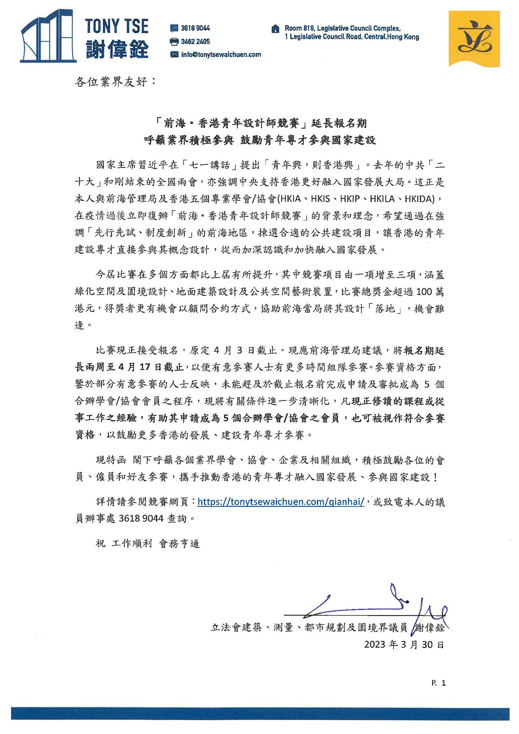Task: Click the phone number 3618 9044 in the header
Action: [195, 28]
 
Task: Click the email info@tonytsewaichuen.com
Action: [221, 55]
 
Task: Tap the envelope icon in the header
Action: [174, 55]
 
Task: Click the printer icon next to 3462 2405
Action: [174, 41]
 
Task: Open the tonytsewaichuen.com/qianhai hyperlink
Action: [281, 501]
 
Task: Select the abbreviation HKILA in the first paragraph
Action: [382, 199]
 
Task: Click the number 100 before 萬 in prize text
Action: [418, 292]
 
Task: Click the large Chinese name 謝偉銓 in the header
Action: [118, 50]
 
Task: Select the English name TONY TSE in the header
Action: [117, 26]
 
